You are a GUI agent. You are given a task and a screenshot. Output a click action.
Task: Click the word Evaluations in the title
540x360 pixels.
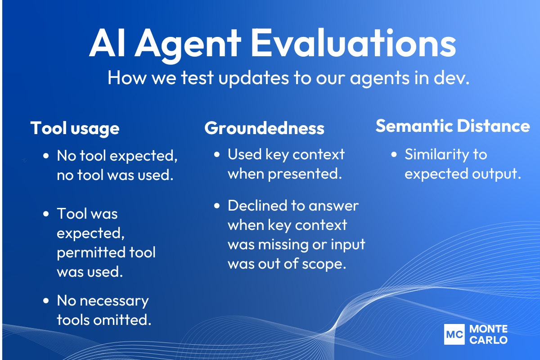pyautogui.click(x=353, y=44)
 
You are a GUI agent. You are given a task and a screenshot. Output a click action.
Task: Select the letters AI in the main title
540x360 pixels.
pyautogui.click(x=108, y=44)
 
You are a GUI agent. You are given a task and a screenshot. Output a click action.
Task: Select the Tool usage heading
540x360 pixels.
pyautogui.click(x=75, y=128)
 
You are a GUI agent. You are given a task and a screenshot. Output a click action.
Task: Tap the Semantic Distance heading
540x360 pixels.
pyautogui.click(x=452, y=126)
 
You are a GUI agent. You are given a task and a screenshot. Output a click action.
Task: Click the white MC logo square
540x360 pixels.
pyautogui.click(x=454, y=334)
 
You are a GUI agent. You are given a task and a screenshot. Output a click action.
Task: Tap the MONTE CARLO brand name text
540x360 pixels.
pyautogui.click(x=488, y=334)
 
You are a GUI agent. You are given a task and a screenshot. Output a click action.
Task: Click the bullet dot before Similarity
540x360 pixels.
pyautogui.click(x=394, y=155)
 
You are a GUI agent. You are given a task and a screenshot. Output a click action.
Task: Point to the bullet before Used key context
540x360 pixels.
pyautogui.click(x=217, y=155)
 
